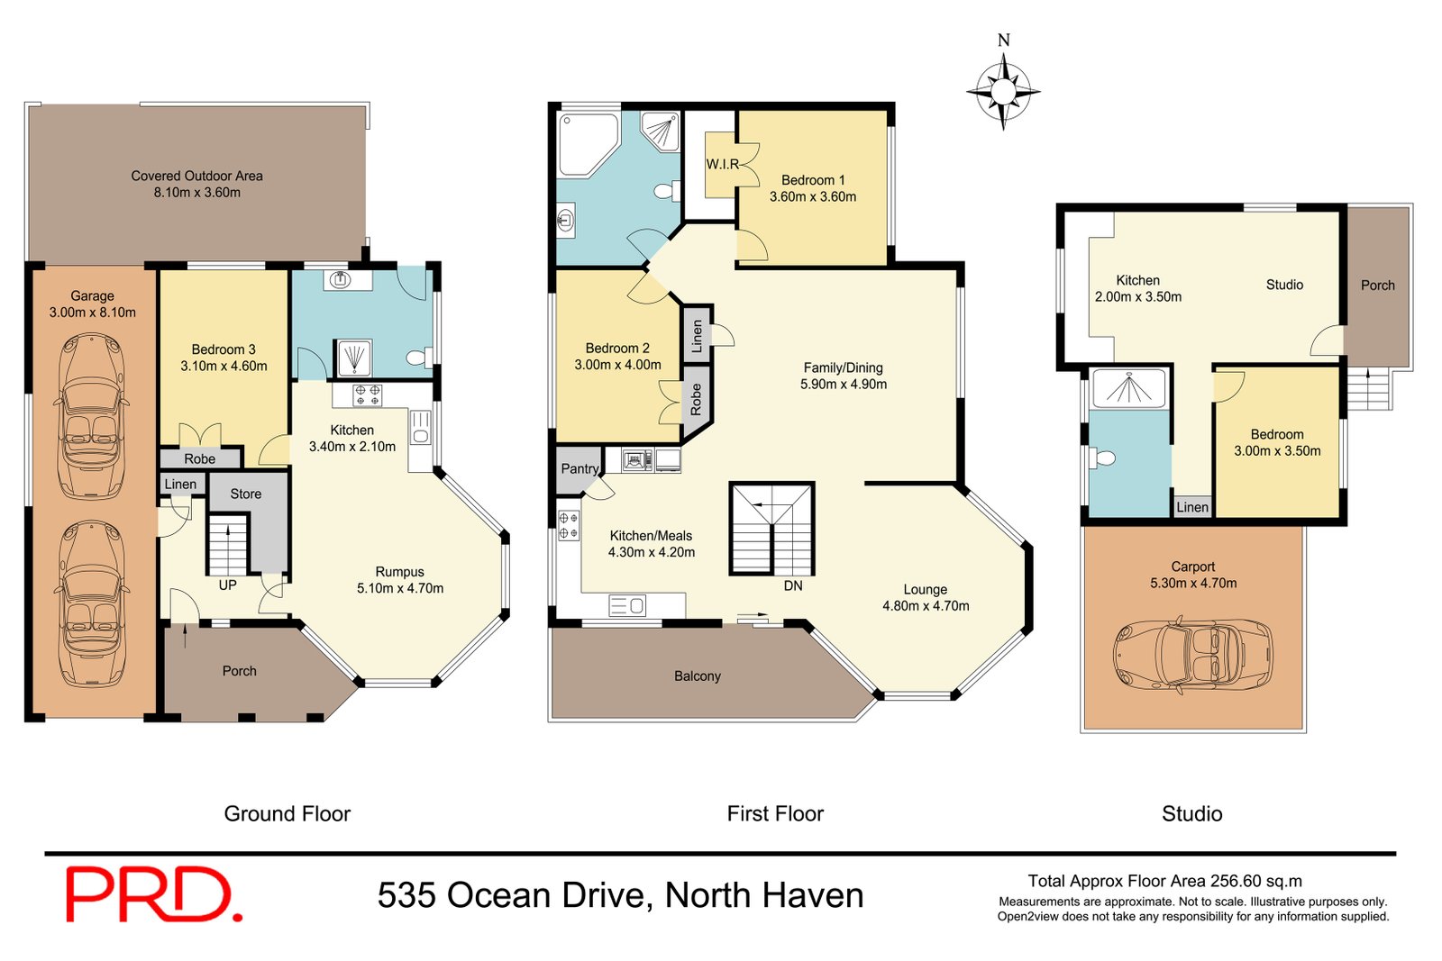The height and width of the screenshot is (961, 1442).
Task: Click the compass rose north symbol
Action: coord(1003,90)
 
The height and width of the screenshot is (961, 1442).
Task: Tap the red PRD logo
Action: coord(153,894)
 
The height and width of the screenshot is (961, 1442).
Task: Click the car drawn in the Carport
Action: coord(1193,655)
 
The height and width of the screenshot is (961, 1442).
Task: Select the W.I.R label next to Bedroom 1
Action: coord(722,164)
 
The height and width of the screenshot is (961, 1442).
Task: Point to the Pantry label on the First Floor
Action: coord(579,468)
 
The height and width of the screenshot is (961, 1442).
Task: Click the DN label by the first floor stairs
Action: coord(793,585)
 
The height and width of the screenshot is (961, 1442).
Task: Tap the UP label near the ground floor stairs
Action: coord(227,585)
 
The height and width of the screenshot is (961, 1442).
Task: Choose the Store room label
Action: coord(245,494)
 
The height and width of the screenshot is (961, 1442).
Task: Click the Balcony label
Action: coord(697,675)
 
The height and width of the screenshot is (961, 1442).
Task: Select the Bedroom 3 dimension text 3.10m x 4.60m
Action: coord(224,366)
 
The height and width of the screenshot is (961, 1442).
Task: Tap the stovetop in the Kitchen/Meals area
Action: coord(569,526)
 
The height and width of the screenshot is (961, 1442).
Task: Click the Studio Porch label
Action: coord(1377,285)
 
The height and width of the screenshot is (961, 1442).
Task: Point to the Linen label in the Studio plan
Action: coord(1191,507)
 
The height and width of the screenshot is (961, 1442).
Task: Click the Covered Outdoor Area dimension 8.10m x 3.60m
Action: coord(196,192)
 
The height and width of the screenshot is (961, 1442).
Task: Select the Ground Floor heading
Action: coord(287,813)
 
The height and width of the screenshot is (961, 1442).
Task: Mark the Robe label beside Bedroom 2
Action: coord(696,399)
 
